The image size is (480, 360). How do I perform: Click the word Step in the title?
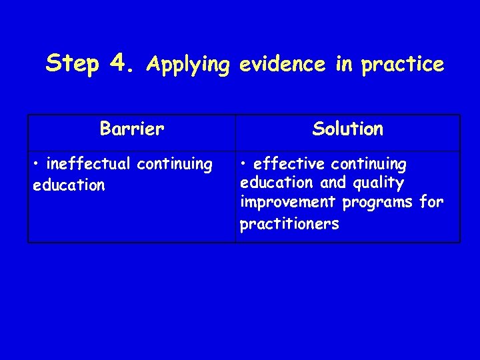(x=73, y=63)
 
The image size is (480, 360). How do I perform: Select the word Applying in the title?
(x=189, y=65)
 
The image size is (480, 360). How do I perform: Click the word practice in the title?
(x=403, y=65)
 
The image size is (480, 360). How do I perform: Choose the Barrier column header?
(x=131, y=129)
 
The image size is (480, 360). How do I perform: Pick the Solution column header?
(x=347, y=129)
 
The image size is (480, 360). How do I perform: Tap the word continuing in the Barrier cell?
(x=174, y=165)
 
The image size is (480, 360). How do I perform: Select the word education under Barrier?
(x=69, y=185)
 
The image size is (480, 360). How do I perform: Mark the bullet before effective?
(x=245, y=164)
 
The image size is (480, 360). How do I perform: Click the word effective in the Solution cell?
(x=291, y=164)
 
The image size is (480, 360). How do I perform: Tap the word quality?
(x=380, y=183)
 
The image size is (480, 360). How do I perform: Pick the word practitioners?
(x=289, y=224)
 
